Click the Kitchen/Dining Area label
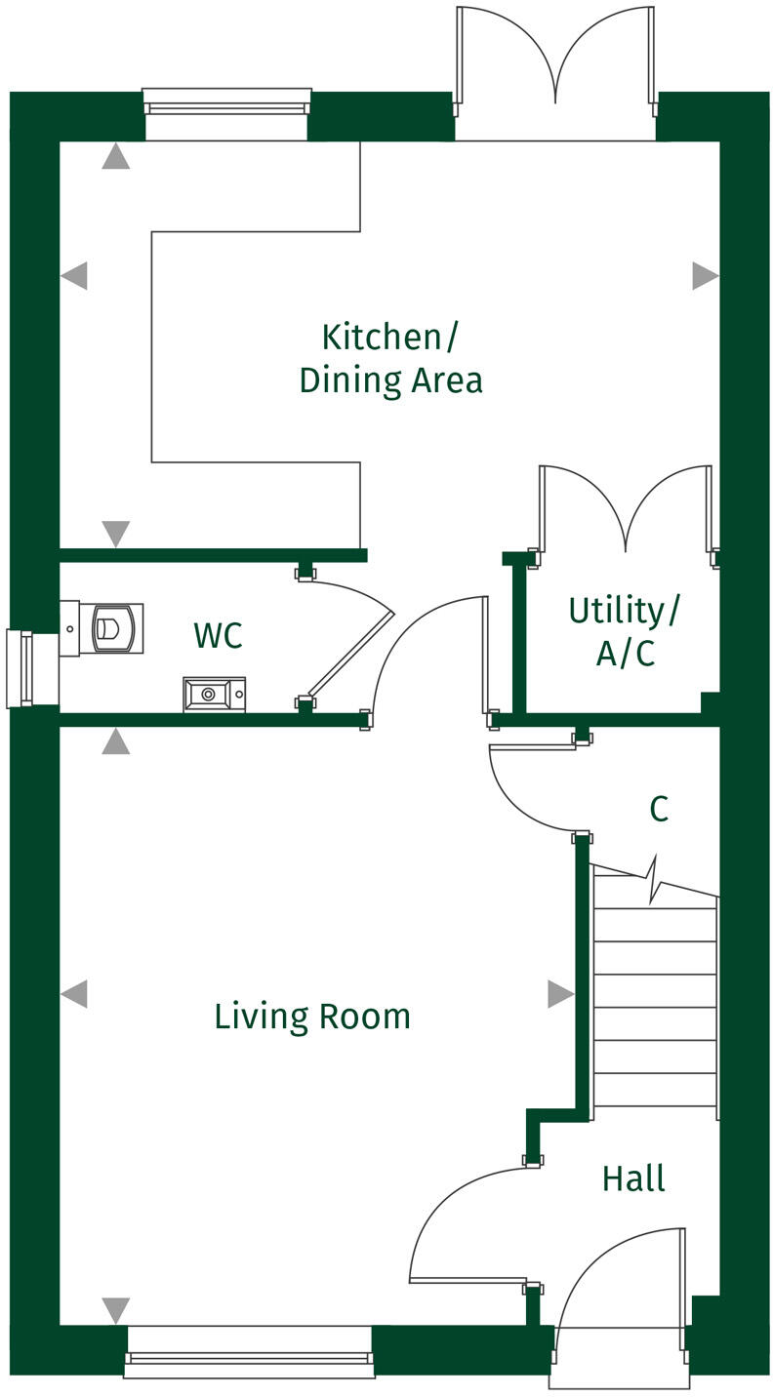coord(390,358)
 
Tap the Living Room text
coord(312,1017)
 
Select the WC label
coord(218,636)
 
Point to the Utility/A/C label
coord(625,632)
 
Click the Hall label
coord(633,1178)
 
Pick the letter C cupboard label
coord(659,809)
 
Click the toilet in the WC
coord(114,627)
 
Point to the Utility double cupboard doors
coord(625,512)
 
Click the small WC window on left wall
coord(20,668)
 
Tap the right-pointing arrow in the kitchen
coord(705,276)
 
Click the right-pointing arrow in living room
coord(560,994)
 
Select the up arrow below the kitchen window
coord(116,156)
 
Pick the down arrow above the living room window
coord(116,1309)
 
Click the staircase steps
coord(655,1005)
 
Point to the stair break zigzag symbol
coord(655,880)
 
